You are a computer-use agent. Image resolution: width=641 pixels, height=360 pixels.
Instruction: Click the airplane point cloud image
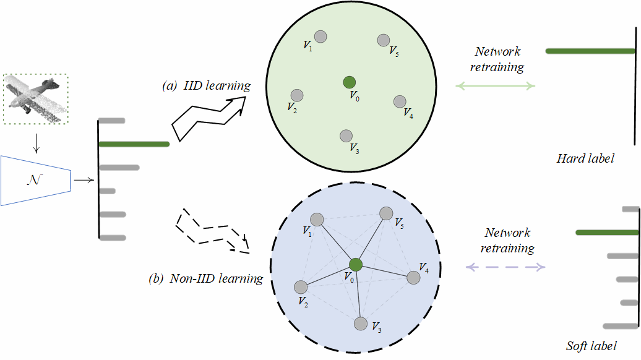pos(35,99)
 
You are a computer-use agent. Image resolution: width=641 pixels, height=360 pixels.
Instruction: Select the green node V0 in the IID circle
pos(350,82)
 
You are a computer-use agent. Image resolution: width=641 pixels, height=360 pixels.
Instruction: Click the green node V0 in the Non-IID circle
pos(355,265)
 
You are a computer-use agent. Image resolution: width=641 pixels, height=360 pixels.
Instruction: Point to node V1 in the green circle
pos(320,36)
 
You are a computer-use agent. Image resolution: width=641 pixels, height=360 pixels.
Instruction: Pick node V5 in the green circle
pos(384,40)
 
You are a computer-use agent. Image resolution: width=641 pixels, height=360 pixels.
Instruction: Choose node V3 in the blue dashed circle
pos(360,323)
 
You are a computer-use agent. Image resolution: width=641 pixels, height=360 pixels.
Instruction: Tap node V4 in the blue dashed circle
pos(413,278)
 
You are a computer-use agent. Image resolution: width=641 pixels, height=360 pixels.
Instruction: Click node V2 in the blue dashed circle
pos(301,288)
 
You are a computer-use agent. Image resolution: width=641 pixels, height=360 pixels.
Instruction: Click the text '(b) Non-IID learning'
pos(205,278)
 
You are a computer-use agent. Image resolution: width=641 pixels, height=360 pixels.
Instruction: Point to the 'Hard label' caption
pos(585,159)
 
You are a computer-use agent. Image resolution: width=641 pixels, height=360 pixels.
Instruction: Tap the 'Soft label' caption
pos(592,346)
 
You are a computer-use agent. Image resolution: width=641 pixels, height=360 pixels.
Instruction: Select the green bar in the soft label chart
pos(606,233)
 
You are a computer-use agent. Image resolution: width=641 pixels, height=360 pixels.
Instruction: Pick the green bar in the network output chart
pos(134,144)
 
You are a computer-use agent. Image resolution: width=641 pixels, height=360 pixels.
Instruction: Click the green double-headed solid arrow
pos(497,87)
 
